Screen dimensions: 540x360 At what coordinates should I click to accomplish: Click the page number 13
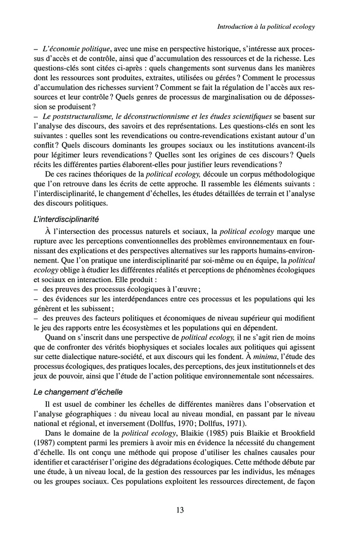coord(180,510)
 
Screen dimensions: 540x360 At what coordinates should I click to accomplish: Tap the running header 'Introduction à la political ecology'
coord(265,27)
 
